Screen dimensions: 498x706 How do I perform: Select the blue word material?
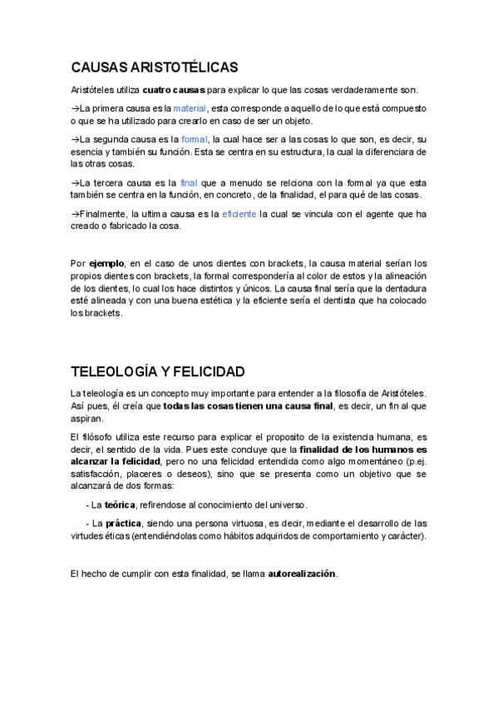[x=190, y=109]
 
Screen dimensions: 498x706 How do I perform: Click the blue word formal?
[x=195, y=140]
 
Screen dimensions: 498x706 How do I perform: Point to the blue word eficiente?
[x=239, y=214]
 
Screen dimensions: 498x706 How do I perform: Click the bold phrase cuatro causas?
[x=174, y=90]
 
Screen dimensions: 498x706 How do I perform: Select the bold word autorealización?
[x=302, y=574]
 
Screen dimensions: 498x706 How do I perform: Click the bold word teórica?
[x=120, y=505]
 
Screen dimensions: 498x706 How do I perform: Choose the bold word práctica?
[x=123, y=523]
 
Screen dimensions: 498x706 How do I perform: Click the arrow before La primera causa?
[x=75, y=109]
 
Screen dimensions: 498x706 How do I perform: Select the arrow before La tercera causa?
[x=75, y=182]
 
